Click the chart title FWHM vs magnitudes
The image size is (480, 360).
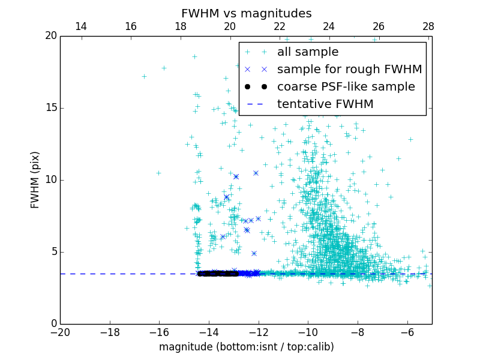[246, 13]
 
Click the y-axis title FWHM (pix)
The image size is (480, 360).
[35, 180]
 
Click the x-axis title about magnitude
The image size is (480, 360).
[246, 347]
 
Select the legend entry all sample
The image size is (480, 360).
[308, 52]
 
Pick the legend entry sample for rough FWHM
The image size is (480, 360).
[349, 70]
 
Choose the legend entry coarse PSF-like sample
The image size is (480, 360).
[346, 87]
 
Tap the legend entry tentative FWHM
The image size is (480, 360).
[325, 104]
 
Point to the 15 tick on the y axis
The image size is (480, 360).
[51, 108]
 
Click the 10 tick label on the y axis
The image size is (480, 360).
[51, 180]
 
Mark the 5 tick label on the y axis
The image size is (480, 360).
[53, 252]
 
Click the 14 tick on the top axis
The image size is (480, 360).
[80, 26]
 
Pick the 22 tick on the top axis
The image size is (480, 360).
[280, 26]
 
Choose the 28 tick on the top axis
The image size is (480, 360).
[428, 26]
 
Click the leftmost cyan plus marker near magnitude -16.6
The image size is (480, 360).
[144, 76]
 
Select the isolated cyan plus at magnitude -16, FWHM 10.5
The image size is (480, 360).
[158, 173]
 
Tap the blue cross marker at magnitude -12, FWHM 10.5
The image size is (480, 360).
[256, 173]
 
